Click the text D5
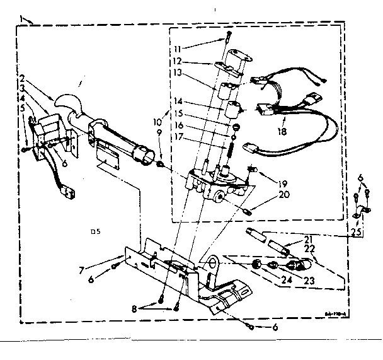tap(95, 232)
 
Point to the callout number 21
tap(308, 240)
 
